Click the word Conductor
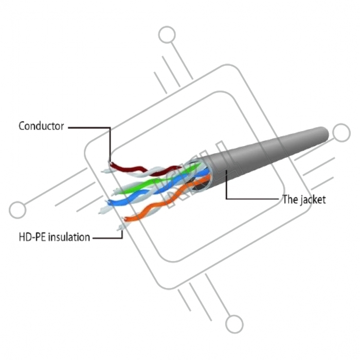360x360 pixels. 41,126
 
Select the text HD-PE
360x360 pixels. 32,237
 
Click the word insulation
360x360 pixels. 69,237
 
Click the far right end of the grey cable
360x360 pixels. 328,133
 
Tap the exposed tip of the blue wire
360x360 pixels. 108,203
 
